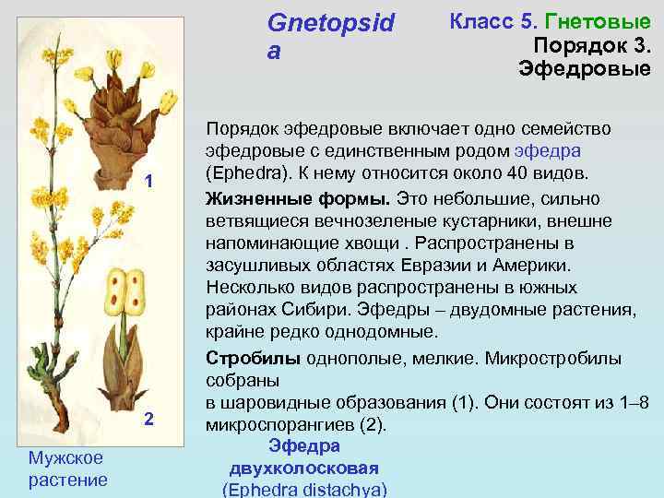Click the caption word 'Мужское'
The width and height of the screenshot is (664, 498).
coord(65,457)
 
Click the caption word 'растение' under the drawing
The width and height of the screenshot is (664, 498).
coord(67,480)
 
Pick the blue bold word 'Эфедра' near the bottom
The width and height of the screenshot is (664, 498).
coord(303,446)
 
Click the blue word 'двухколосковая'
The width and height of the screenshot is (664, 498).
coord(303,468)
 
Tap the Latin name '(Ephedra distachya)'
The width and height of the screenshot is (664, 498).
coord(303,489)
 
